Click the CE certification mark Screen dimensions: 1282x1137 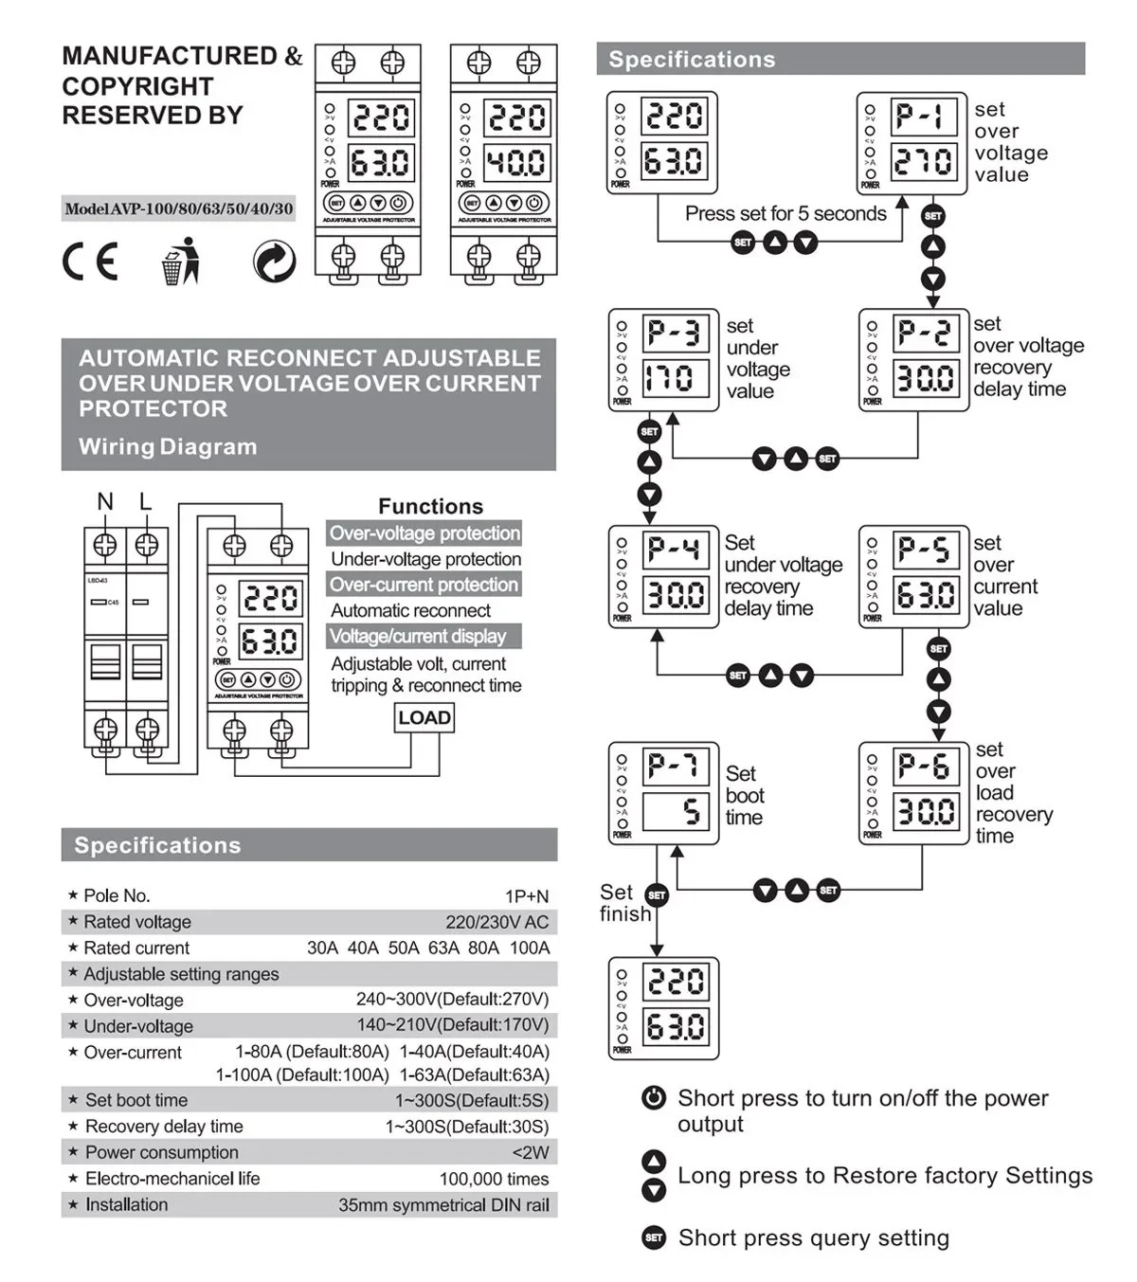point(90,262)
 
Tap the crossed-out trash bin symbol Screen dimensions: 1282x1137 point(180,262)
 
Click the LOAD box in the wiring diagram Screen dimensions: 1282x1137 point(424,718)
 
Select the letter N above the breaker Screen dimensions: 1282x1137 point(105,501)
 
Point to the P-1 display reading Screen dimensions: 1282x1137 point(920,117)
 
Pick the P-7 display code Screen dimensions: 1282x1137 point(673,766)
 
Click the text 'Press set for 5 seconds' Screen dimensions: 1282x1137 point(785,214)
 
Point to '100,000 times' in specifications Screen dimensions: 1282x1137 point(494,1180)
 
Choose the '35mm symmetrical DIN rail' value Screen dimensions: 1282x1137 point(443,1205)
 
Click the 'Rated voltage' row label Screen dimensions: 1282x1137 point(137,922)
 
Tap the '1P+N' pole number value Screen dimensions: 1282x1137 point(526,896)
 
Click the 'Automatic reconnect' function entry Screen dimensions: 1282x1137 point(410,611)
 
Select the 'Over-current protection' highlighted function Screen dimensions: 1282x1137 point(424,585)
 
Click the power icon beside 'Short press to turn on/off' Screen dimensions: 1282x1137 point(654,1098)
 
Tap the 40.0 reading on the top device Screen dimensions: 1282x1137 point(515,162)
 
